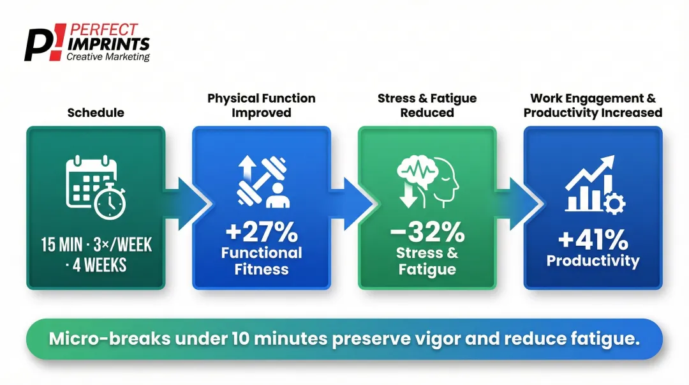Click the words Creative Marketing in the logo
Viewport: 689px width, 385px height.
[x=108, y=57]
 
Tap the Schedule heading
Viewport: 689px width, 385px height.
[x=96, y=113]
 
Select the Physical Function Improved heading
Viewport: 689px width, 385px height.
[x=261, y=105]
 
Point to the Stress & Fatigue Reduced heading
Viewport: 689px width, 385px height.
[x=427, y=105]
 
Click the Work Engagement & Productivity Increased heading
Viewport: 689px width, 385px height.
[x=593, y=105]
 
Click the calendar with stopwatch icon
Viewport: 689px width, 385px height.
[x=96, y=186]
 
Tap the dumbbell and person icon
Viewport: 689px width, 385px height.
[x=262, y=183]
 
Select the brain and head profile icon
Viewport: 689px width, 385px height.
[x=427, y=181]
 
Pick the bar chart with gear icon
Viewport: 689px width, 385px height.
[x=593, y=185]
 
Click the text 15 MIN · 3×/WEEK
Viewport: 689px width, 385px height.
[x=96, y=245]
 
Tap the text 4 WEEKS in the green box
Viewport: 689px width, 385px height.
[x=99, y=265]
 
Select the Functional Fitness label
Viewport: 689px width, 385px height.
[x=261, y=260]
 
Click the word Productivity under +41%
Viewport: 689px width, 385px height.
[x=593, y=260]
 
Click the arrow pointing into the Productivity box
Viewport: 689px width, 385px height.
[x=521, y=204]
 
